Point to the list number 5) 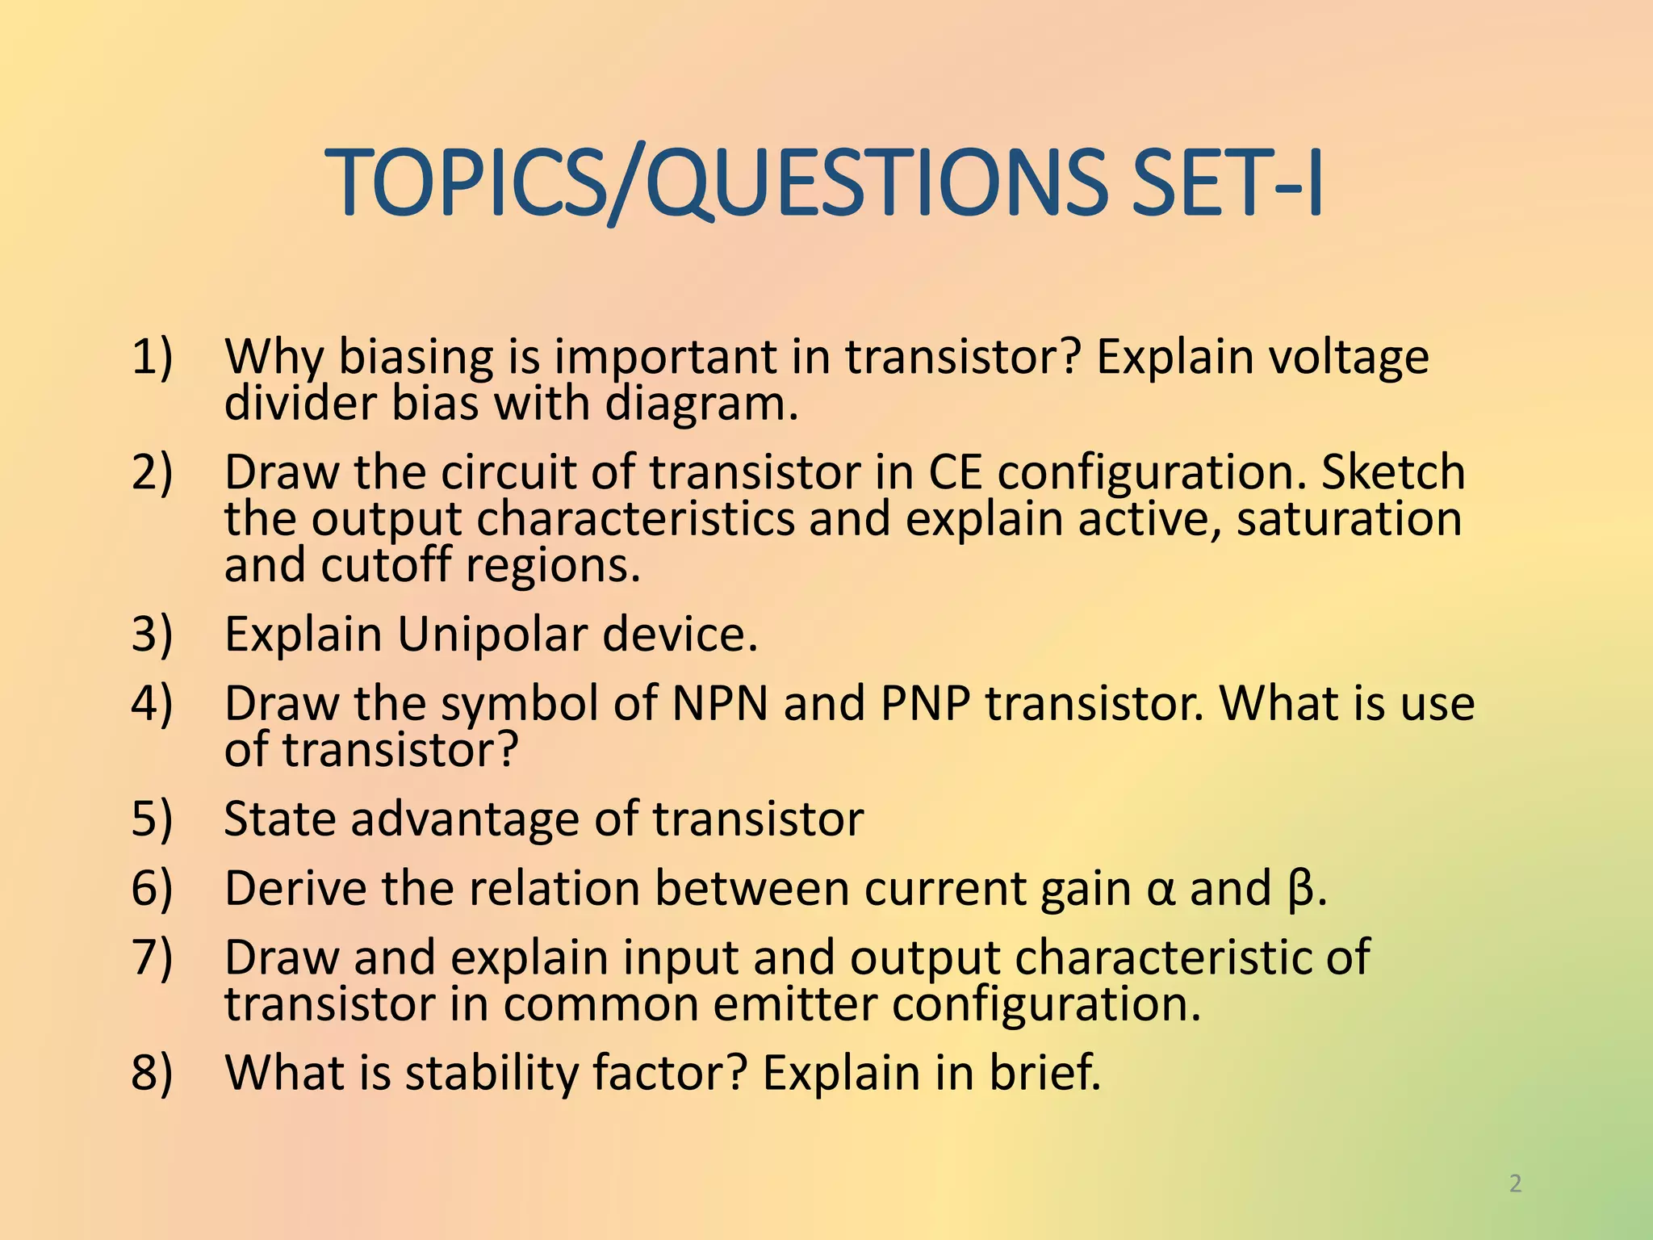tap(152, 819)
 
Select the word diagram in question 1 tap(701, 404)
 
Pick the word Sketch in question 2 tap(1393, 472)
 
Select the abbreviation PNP tap(925, 703)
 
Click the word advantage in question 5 tap(464, 819)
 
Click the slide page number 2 tap(1515, 1183)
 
